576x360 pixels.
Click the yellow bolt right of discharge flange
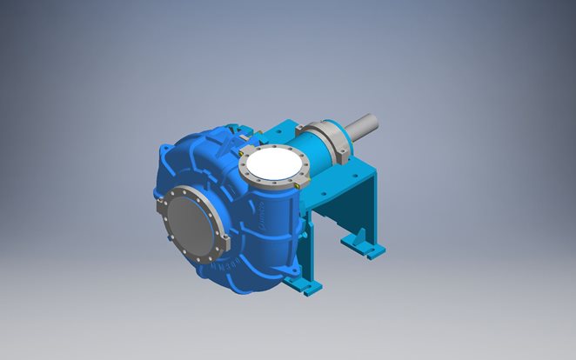coord(297,184)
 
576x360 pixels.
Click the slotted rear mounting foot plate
coord(372,252)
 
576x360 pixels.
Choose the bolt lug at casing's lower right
coord(277,265)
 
